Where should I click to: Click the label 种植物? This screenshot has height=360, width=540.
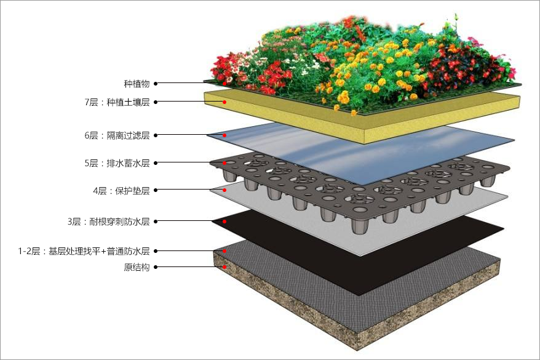[137, 84]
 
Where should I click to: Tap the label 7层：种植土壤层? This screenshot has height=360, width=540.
[117, 102]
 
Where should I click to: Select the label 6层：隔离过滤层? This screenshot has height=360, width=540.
[117, 135]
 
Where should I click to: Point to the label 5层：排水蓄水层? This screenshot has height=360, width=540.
[117, 163]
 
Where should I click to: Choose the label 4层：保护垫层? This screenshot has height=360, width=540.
[121, 191]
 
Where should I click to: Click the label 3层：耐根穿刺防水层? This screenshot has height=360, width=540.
[108, 222]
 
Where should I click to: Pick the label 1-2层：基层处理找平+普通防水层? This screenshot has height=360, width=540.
[84, 251]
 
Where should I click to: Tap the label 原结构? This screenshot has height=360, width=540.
[137, 267]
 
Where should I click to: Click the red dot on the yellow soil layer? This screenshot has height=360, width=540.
[224, 102]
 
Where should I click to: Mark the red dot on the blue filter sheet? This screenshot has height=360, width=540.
[224, 135]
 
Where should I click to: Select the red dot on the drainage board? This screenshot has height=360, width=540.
[224, 163]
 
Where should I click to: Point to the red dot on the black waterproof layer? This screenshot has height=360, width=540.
[224, 222]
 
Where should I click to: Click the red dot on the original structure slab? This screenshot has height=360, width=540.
[224, 267]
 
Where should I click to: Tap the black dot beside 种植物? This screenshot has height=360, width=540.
[156, 83]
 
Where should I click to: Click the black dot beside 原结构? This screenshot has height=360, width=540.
[156, 267]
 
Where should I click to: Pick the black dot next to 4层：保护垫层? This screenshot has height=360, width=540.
[156, 190]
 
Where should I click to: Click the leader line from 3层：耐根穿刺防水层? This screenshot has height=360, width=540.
[190, 221]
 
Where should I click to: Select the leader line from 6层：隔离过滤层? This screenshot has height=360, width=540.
[190, 135]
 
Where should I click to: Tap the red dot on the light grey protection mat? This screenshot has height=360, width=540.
[224, 190]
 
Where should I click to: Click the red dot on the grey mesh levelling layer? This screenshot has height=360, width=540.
[224, 251]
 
